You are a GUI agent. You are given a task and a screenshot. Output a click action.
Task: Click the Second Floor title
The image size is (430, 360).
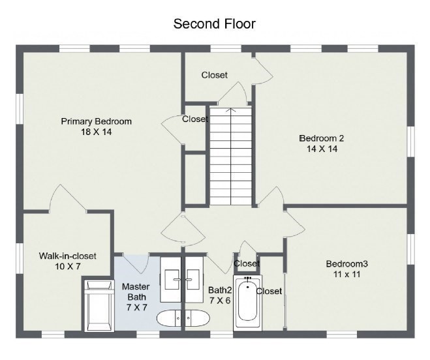coord(215,24)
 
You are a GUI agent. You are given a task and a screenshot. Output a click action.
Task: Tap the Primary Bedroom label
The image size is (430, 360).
coord(97,121)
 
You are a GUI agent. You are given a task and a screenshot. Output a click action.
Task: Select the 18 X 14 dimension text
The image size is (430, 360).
coord(97,132)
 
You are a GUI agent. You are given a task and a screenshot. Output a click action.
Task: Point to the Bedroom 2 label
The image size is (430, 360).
coord(322,138)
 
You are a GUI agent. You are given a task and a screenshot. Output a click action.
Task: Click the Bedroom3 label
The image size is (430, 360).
coord(347,263)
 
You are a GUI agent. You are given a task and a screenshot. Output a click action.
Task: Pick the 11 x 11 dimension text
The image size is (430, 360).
coord(347,274)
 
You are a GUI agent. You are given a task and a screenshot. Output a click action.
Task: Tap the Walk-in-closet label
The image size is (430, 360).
coord(67,256)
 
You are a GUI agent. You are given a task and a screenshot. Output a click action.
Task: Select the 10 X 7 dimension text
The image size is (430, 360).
coord(67,266)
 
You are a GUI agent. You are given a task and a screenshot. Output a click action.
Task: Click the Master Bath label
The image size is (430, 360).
coord(136,292)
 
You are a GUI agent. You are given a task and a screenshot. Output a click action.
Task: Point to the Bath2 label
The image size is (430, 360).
coord(220,290)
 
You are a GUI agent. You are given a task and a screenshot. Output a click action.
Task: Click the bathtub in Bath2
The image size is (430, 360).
coord(248,303)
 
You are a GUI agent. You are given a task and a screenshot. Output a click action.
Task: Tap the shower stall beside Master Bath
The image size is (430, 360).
coord(99,305)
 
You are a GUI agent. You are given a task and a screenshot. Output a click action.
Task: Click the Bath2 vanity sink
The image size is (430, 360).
coord(193,279)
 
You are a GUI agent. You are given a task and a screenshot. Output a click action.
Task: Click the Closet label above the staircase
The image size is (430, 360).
coord(215,75)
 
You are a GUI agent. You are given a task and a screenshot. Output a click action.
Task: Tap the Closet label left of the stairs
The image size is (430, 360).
coord(195,119)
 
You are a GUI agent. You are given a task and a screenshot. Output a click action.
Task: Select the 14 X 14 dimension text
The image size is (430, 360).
coord(322,149)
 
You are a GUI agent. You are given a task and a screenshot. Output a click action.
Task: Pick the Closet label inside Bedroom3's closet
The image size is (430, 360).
coord(269,291)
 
